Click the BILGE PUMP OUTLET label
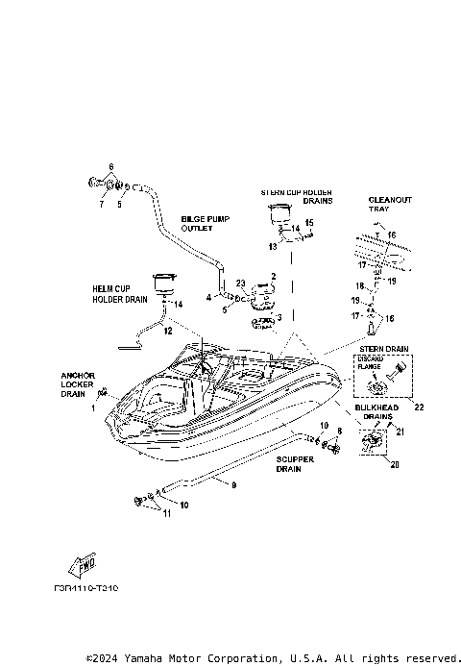pos(200,225)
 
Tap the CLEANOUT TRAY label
pos(390,206)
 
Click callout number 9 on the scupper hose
pos(232,485)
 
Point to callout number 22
pos(419,407)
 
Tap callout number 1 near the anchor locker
pos(94,407)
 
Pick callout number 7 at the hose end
pos(101,204)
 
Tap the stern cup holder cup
pos(280,213)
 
